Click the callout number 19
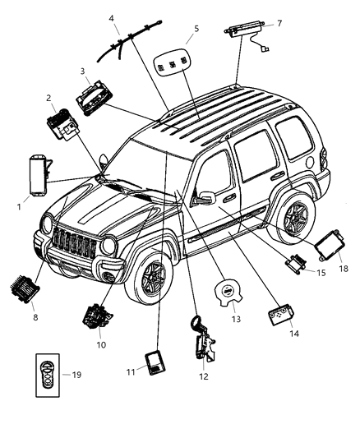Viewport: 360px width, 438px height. [76, 375]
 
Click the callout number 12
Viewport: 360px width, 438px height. [203, 376]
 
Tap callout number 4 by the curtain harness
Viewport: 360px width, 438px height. [111, 17]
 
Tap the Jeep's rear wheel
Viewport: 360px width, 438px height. [295, 219]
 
